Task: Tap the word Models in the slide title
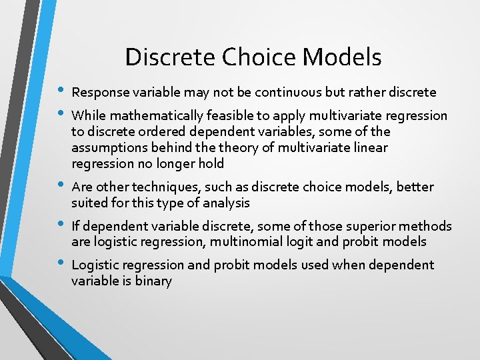(x=341, y=57)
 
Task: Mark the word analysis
(x=224, y=203)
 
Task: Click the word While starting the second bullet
(x=87, y=116)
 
